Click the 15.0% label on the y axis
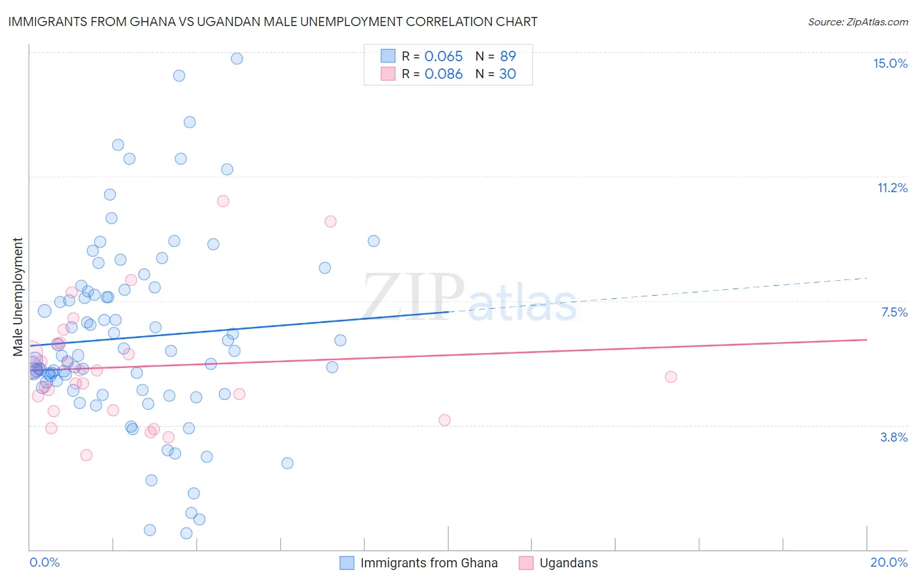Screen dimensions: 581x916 tap(890, 63)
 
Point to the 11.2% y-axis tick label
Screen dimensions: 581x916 tap(892, 188)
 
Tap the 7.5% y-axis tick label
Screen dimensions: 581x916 tap(894, 312)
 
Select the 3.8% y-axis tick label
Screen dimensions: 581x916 tap(894, 437)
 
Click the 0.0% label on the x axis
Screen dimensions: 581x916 tap(44, 562)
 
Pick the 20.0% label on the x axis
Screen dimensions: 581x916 tap(889, 562)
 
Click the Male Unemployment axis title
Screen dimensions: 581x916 tap(18, 297)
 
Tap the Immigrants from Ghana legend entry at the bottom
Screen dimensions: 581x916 tap(429, 563)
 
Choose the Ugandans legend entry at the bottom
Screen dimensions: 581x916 tap(568, 563)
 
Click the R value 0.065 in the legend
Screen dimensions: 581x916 tap(443, 56)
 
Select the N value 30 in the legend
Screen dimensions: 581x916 tap(508, 74)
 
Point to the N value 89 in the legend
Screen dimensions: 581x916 tap(508, 56)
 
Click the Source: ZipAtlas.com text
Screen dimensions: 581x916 tap(857, 22)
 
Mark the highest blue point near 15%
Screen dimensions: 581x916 tap(237, 59)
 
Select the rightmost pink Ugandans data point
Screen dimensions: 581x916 tap(670, 376)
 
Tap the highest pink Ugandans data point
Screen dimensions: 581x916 tap(223, 201)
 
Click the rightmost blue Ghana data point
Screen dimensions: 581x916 tap(373, 241)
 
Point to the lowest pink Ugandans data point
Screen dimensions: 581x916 tap(86, 455)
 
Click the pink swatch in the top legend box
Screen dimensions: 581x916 tap(388, 74)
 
